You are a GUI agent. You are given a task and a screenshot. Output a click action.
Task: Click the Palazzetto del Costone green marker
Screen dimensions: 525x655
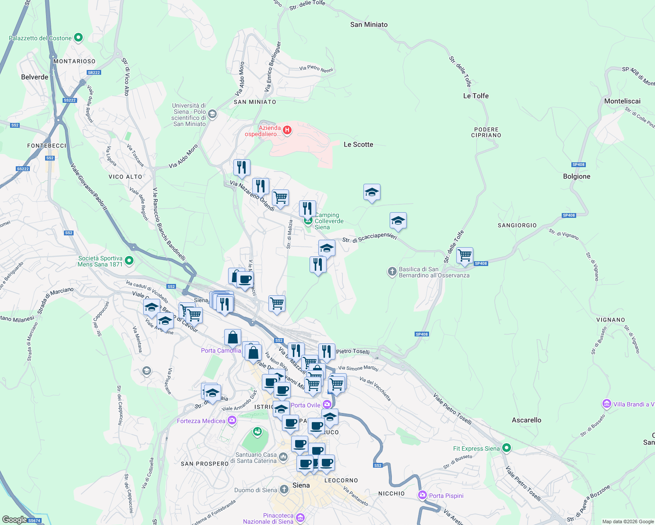pos(78,38)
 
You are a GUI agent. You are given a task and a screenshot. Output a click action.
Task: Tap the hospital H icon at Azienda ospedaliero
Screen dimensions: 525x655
pos(287,130)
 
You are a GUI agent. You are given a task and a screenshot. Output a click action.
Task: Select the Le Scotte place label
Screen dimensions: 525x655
pos(358,144)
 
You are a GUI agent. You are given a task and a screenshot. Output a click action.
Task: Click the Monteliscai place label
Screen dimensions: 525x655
pos(622,101)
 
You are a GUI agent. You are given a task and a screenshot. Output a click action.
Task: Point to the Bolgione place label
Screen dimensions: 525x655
pos(577,176)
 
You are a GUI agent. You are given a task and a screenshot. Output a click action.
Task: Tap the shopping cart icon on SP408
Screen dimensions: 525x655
pos(465,255)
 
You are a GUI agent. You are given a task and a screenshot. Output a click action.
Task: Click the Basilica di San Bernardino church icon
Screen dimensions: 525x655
pos(392,272)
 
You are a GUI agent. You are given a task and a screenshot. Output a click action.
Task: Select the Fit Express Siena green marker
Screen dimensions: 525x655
pos(507,448)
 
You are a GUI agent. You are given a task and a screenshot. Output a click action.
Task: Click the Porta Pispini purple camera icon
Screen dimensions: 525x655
pos(423,495)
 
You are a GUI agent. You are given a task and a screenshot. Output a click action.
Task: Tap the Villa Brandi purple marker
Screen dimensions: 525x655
pos(606,404)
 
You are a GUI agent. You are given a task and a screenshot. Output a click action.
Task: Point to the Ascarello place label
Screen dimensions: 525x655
pos(526,420)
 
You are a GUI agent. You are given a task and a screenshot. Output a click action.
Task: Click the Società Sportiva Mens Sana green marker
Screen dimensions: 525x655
pos(129,261)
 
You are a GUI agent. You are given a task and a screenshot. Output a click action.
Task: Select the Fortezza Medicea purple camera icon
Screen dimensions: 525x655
pos(232,421)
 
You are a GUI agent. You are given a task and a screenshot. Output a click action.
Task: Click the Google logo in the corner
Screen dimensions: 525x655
pos(14,520)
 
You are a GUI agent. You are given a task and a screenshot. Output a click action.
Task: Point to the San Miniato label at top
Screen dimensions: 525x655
pos(369,24)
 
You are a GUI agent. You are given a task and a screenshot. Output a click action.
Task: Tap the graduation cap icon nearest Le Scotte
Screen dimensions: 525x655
pos(372,192)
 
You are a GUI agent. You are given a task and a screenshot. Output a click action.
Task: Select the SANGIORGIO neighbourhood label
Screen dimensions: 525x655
pos(517,225)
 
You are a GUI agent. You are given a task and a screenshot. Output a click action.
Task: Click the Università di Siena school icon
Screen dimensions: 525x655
pos(212,115)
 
